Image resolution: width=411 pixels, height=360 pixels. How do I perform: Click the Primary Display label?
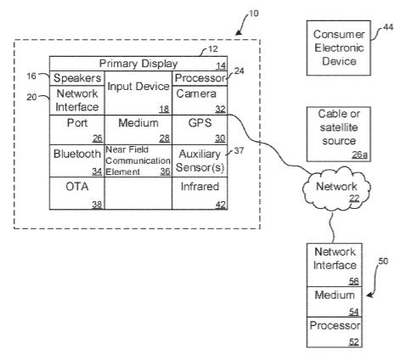[x=138, y=64]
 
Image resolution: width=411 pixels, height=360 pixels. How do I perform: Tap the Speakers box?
[x=77, y=78]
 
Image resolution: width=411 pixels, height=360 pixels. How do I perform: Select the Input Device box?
[x=138, y=93]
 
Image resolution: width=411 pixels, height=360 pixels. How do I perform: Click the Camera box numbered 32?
[x=200, y=100]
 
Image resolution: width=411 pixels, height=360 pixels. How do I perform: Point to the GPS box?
[x=200, y=130]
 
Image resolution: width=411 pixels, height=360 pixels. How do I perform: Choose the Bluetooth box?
[x=77, y=161]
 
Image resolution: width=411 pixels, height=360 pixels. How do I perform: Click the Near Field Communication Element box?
[x=138, y=161]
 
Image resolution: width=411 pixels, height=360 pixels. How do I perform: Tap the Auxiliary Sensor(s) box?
[x=200, y=161]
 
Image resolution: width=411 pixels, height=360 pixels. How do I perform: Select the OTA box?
[x=77, y=194]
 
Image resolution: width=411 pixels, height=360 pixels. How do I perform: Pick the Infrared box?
[x=200, y=194]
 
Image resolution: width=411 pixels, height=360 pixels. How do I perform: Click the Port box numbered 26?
[x=77, y=130]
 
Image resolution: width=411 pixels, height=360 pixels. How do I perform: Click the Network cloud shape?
[x=336, y=189]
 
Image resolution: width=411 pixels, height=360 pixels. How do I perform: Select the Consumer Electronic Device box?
[x=339, y=48]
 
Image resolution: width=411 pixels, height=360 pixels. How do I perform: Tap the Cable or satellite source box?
[x=339, y=134]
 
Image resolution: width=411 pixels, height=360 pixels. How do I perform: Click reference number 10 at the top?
[x=253, y=14]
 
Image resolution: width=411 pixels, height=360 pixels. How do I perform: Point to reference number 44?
[x=388, y=27]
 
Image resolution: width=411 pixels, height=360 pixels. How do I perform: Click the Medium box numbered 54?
[x=335, y=301]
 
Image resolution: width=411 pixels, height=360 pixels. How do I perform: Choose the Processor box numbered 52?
[x=335, y=332]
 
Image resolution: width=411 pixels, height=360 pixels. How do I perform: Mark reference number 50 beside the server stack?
[x=383, y=261]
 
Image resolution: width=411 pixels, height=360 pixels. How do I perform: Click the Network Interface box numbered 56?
[x=335, y=265]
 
